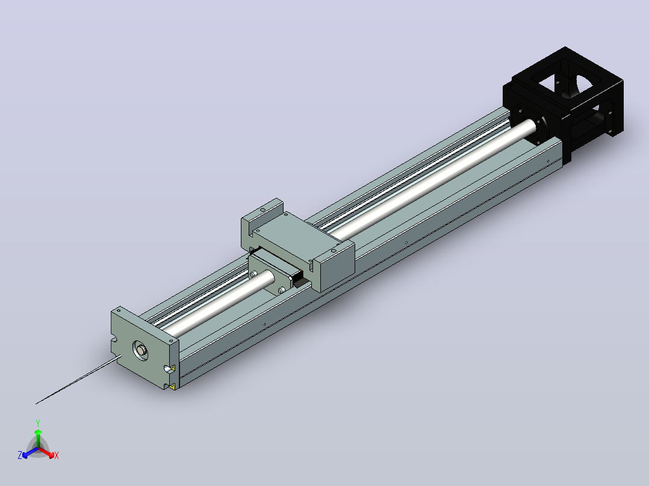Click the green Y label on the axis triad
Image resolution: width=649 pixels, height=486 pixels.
38,423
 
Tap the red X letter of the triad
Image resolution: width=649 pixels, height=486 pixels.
57,455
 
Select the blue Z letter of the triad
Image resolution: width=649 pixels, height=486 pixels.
20,455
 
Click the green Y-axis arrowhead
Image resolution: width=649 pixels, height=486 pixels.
38,432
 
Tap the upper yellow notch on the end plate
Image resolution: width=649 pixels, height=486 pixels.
173,368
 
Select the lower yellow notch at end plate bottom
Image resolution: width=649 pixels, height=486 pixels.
173,386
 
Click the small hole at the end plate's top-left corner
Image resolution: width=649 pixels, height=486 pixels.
119,310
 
